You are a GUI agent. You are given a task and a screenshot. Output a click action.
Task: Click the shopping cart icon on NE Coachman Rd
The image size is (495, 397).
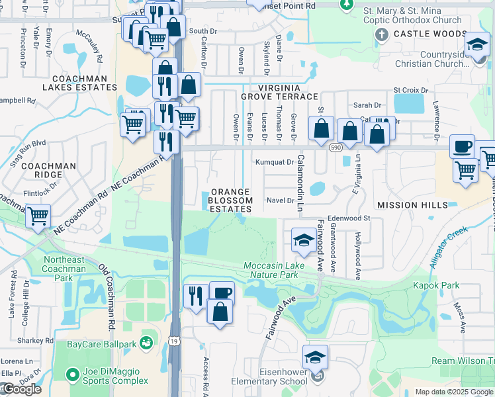38,216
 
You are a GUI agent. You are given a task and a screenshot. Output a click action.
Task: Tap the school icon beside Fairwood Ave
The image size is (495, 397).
304,240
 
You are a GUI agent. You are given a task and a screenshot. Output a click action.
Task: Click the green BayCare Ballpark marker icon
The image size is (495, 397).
146,343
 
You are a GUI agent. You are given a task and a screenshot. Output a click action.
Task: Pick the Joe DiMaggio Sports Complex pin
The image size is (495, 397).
73,375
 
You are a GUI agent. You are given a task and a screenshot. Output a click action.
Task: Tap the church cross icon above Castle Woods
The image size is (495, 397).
382,34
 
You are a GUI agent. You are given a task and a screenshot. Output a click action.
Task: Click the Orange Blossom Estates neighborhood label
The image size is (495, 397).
230,200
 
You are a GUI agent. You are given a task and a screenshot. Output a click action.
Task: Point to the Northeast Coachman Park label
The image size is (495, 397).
64,265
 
